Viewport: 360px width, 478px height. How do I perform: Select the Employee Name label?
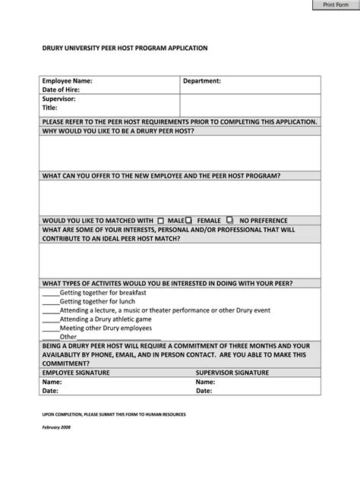67,80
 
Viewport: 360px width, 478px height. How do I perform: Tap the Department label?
201,80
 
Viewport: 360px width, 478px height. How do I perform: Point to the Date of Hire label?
61,90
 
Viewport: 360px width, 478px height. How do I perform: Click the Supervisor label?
58,99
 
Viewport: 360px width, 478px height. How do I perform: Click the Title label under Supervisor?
50,108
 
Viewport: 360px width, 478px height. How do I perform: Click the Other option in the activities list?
68,337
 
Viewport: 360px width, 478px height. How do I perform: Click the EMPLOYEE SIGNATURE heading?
76,373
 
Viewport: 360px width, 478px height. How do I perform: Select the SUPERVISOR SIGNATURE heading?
232,373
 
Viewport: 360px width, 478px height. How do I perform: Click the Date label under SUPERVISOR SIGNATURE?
204,392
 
